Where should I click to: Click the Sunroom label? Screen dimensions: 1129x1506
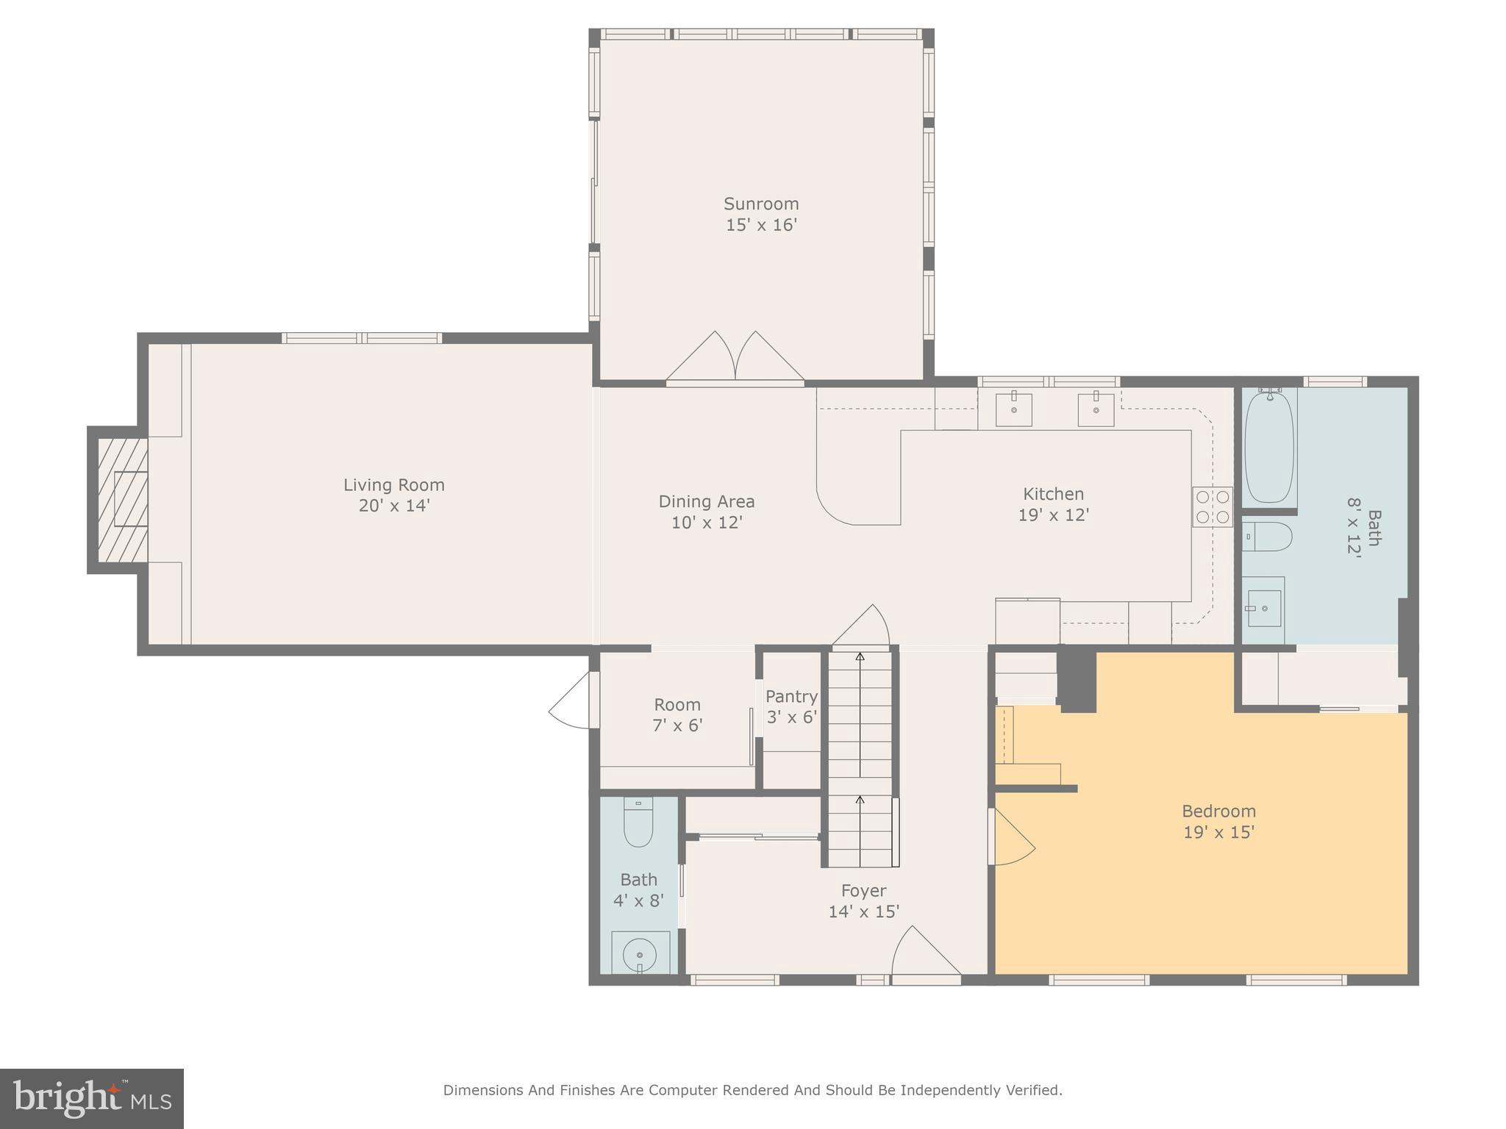pyautogui.click(x=760, y=204)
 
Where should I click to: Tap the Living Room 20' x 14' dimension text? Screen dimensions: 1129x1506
pyautogui.click(x=393, y=506)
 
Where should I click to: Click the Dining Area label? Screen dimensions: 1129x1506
pyautogui.click(x=706, y=501)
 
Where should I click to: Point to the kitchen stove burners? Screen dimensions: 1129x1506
pyautogui.click(x=1212, y=506)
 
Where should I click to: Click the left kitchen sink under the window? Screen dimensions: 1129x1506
pyautogui.click(x=1013, y=409)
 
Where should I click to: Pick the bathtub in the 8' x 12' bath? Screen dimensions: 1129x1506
pyautogui.click(x=1268, y=447)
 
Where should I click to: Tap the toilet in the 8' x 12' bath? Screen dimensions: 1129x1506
pyautogui.click(x=1268, y=537)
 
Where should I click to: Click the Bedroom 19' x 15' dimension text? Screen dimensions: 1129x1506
pyautogui.click(x=1218, y=832)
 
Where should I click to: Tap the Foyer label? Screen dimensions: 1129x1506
pyautogui.click(x=863, y=891)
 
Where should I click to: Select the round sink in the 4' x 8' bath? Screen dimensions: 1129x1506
pyautogui.click(x=640, y=954)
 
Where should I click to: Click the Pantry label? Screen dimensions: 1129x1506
pyautogui.click(x=791, y=696)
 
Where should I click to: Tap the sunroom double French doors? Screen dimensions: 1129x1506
pyautogui.click(x=735, y=359)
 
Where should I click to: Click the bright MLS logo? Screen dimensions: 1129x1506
pyautogui.click(x=91, y=1099)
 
